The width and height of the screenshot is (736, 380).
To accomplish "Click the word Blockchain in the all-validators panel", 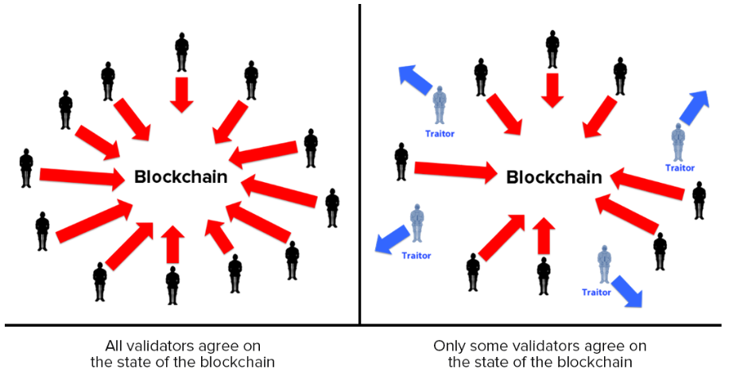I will point(180,177).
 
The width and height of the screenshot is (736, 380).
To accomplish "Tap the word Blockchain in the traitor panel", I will point(554,177).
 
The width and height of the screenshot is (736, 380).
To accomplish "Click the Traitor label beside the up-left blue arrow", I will point(440,134).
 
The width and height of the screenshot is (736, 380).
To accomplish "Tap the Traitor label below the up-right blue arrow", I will point(680,168).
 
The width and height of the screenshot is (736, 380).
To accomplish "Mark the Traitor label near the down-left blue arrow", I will point(416,255).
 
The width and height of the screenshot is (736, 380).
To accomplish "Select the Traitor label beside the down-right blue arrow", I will point(596,293).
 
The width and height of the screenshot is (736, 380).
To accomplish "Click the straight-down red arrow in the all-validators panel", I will point(182,93).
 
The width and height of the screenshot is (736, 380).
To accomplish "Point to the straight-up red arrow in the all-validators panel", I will point(172,245).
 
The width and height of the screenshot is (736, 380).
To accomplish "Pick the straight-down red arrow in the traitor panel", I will point(552,88).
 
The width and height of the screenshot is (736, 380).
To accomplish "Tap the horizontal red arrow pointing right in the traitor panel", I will point(455,169).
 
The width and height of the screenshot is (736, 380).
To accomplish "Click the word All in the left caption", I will point(115,347).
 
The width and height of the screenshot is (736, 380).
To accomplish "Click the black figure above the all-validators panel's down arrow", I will point(182,51).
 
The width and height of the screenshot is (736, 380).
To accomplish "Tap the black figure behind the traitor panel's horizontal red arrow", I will point(401,161).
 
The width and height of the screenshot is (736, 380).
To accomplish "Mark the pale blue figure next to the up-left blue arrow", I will point(440,107).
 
